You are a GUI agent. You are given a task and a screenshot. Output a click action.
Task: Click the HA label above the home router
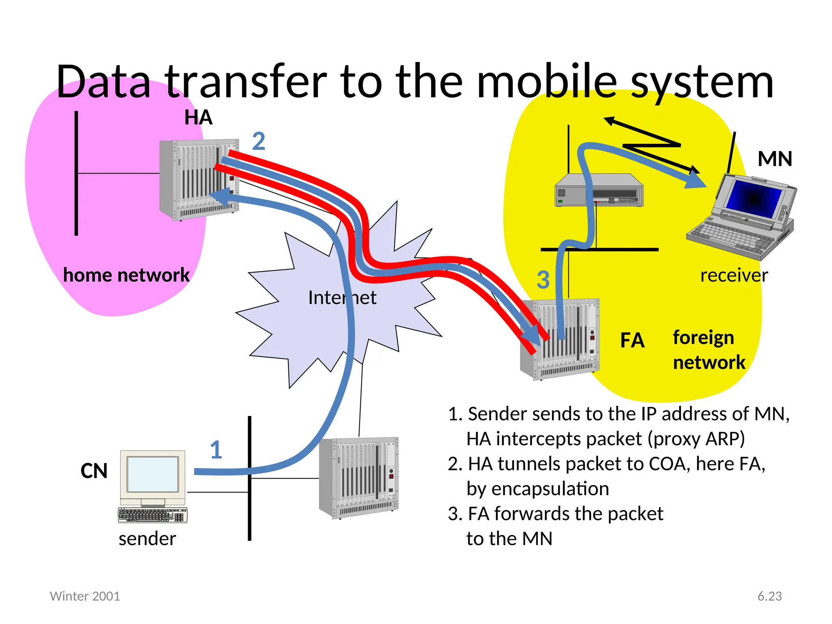coord(198,118)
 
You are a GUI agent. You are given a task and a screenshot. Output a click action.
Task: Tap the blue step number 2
coord(259,141)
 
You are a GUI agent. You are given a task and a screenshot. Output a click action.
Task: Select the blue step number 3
coord(543,280)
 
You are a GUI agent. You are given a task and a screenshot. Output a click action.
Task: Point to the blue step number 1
coord(216,450)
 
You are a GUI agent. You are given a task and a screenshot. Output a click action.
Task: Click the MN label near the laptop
coord(775,159)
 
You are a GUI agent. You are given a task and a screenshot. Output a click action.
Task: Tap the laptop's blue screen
coord(754,199)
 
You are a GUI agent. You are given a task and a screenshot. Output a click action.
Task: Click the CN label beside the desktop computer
coord(94,471)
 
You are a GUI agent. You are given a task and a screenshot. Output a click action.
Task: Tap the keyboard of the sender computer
coord(152,515)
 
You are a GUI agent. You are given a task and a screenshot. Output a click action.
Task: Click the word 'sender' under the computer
coord(147,539)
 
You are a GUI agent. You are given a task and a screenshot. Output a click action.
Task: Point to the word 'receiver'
coord(734,275)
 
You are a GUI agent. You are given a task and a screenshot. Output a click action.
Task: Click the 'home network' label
coord(126,275)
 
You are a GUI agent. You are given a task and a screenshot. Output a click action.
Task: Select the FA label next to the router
coord(632,340)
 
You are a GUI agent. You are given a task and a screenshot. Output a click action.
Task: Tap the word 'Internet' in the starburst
coord(342,298)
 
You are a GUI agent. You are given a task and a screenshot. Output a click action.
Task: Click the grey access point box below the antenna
coord(599,191)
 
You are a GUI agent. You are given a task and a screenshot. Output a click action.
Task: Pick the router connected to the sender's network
coord(359,478)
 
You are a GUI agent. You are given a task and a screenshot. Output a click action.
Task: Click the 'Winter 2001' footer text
coord(85,596)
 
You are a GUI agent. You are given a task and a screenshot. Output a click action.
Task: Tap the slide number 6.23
coord(769,596)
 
